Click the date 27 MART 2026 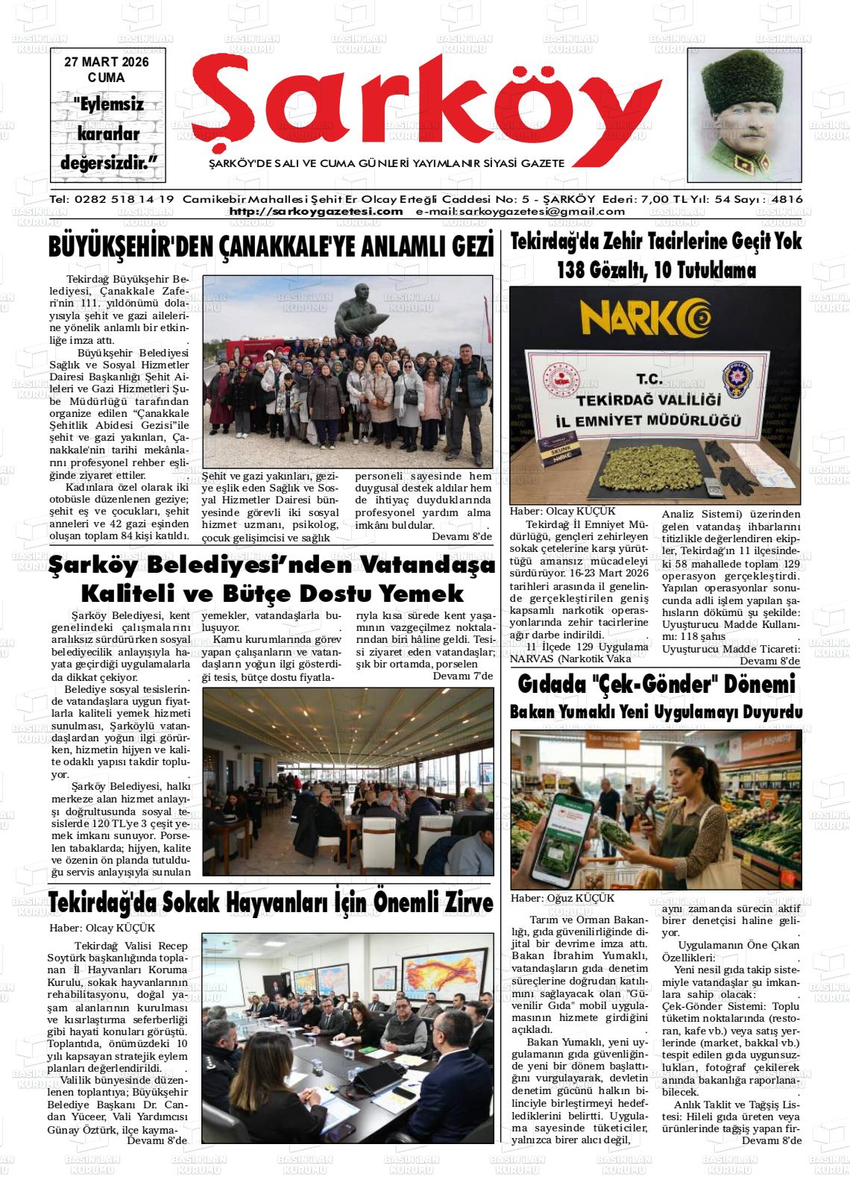[106, 63]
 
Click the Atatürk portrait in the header [743, 119]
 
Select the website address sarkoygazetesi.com [316, 212]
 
